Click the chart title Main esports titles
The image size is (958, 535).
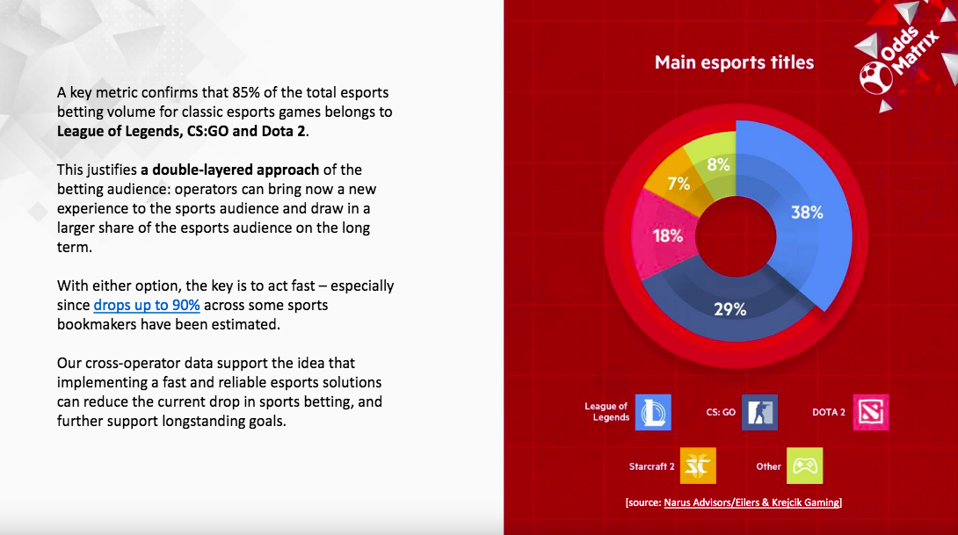(734, 62)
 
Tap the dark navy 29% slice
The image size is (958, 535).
(730, 309)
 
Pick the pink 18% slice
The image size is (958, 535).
(666, 235)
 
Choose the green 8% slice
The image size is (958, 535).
(716, 163)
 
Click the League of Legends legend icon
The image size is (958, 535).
(653, 412)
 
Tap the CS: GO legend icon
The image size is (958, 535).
(759, 412)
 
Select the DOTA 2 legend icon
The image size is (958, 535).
(871, 412)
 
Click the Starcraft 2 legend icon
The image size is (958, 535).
(698, 466)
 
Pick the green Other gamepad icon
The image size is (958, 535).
(805, 466)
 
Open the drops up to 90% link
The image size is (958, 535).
(147, 306)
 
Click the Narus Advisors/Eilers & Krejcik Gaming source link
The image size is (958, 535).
(751, 502)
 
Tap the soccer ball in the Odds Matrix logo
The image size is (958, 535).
(875, 77)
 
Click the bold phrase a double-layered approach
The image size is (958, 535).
(229, 170)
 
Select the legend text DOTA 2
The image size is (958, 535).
(829, 412)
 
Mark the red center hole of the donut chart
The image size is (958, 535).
(736, 236)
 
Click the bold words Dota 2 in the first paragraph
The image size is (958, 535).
(284, 131)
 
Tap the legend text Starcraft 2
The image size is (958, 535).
(652, 466)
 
